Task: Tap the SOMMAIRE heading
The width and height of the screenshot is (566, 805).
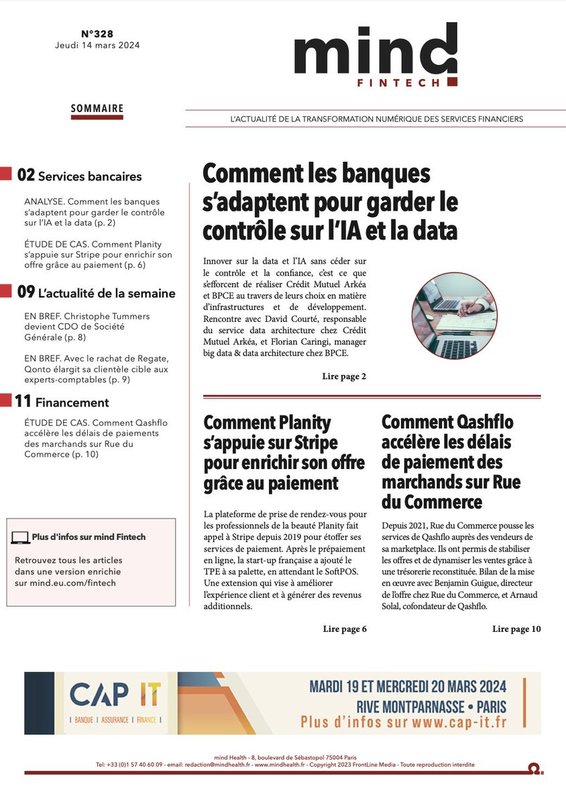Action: pos(97,108)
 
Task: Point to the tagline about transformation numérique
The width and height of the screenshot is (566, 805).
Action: pos(376,119)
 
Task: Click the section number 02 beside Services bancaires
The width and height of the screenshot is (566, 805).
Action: pos(25,176)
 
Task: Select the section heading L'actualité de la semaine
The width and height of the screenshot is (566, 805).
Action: pos(107,293)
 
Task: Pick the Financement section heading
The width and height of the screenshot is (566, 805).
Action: pos(72,402)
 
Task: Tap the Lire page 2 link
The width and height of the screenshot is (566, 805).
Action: pos(344,376)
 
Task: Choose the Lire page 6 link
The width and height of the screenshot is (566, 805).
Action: pos(344,629)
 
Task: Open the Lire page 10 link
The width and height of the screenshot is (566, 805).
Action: pos(516,629)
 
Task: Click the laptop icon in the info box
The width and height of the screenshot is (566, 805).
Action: pos(21,537)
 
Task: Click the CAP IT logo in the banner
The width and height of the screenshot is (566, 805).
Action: pos(115,696)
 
